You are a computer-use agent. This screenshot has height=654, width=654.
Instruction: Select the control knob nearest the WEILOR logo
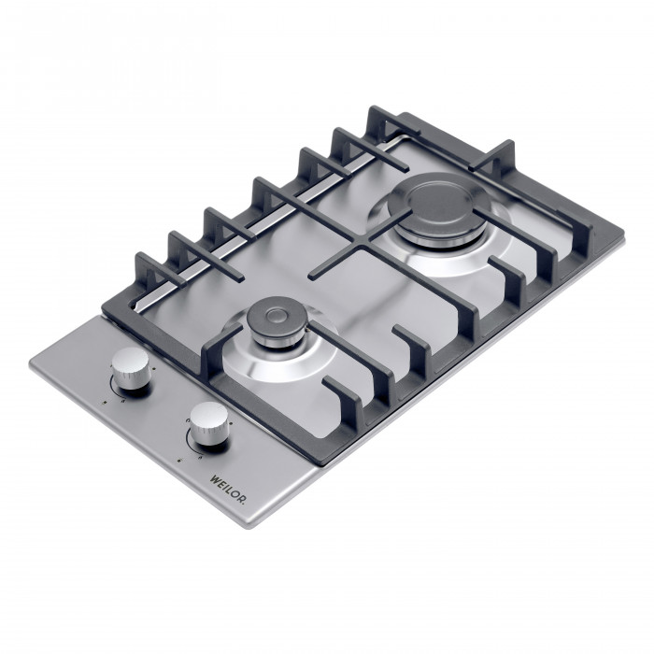pyautogui.click(x=206, y=425)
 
